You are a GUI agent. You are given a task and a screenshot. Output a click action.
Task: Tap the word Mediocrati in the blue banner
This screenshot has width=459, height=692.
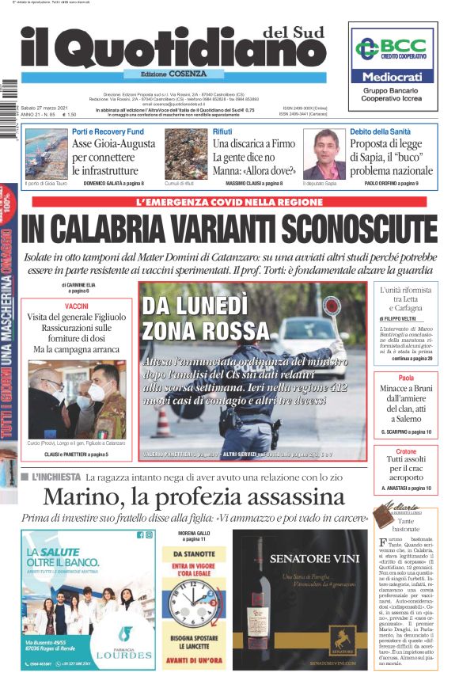pyautogui.click(x=393, y=78)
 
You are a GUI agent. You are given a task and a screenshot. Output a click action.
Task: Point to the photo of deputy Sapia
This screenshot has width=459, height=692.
pyautogui.click(x=324, y=154)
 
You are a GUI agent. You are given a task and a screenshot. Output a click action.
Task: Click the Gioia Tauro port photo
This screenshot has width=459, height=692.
pyautogui.click(x=46, y=154)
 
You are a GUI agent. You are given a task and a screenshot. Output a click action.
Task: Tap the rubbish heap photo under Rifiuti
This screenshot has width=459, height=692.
pyautogui.click(x=186, y=154)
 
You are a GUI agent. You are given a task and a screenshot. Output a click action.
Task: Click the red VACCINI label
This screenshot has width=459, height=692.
pyautogui.click(x=77, y=306)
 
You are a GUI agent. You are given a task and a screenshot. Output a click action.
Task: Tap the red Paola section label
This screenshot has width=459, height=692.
pyautogui.click(x=406, y=378)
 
